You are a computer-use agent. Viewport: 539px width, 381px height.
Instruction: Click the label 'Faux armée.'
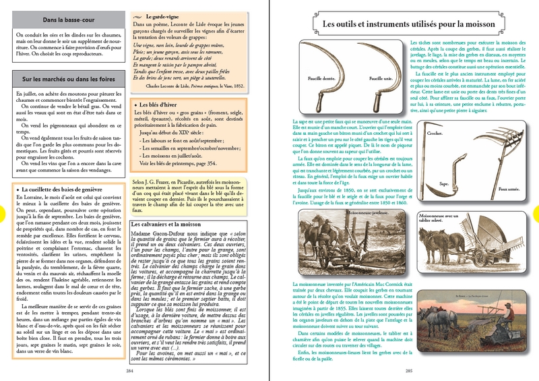click(509, 189)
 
